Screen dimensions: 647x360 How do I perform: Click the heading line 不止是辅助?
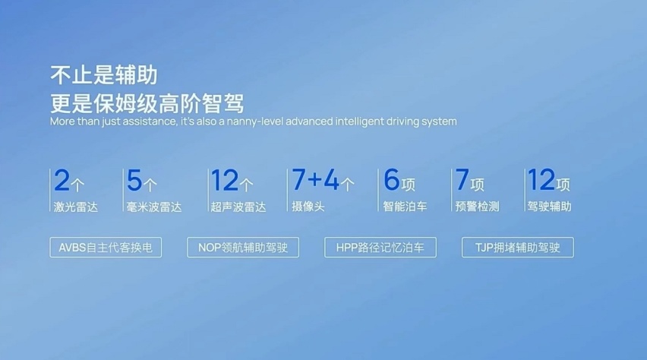[x=103, y=75]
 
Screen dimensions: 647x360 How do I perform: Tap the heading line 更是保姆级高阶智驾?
[x=147, y=103]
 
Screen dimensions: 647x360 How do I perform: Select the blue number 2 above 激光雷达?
[x=62, y=181]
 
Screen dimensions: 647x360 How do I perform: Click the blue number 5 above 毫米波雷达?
[x=134, y=181]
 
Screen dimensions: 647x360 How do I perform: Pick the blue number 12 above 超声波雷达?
[x=225, y=181]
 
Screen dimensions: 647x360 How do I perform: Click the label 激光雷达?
[x=75, y=207]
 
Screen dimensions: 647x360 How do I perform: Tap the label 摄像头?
[x=308, y=207]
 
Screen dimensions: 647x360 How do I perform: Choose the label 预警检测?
[x=478, y=207]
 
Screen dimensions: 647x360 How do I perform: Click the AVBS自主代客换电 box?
[x=106, y=248]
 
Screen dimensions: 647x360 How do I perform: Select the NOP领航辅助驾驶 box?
[x=243, y=248]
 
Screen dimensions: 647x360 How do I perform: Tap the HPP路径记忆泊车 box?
[x=380, y=248]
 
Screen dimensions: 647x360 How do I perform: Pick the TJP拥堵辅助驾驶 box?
[x=518, y=248]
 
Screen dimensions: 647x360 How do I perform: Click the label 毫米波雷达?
[x=154, y=207]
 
